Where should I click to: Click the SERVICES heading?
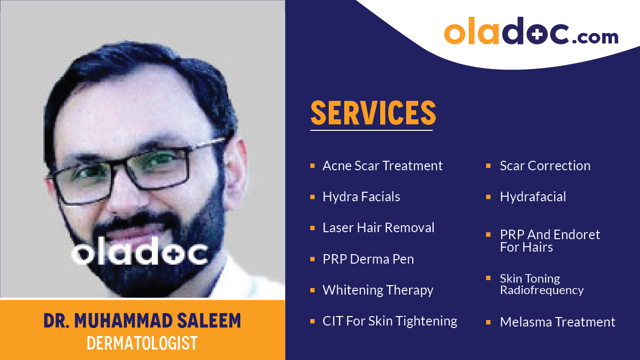point(373,113)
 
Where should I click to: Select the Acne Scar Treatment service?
point(382,166)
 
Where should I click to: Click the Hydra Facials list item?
point(361,197)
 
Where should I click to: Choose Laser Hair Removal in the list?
point(378,228)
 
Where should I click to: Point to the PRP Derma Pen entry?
point(368,259)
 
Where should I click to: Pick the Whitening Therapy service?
point(378,290)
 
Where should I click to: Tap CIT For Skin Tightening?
point(390,321)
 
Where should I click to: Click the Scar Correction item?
point(545,166)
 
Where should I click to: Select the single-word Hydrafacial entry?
point(533,197)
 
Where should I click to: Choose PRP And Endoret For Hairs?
point(550,241)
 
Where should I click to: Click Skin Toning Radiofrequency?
point(541,284)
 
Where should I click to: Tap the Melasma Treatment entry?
point(557,322)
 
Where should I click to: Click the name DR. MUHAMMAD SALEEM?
point(142,321)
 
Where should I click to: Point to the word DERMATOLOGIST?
point(142,343)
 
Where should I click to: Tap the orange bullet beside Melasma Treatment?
point(488,322)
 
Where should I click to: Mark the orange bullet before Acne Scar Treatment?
point(312,165)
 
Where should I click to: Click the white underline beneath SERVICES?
point(371,130)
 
